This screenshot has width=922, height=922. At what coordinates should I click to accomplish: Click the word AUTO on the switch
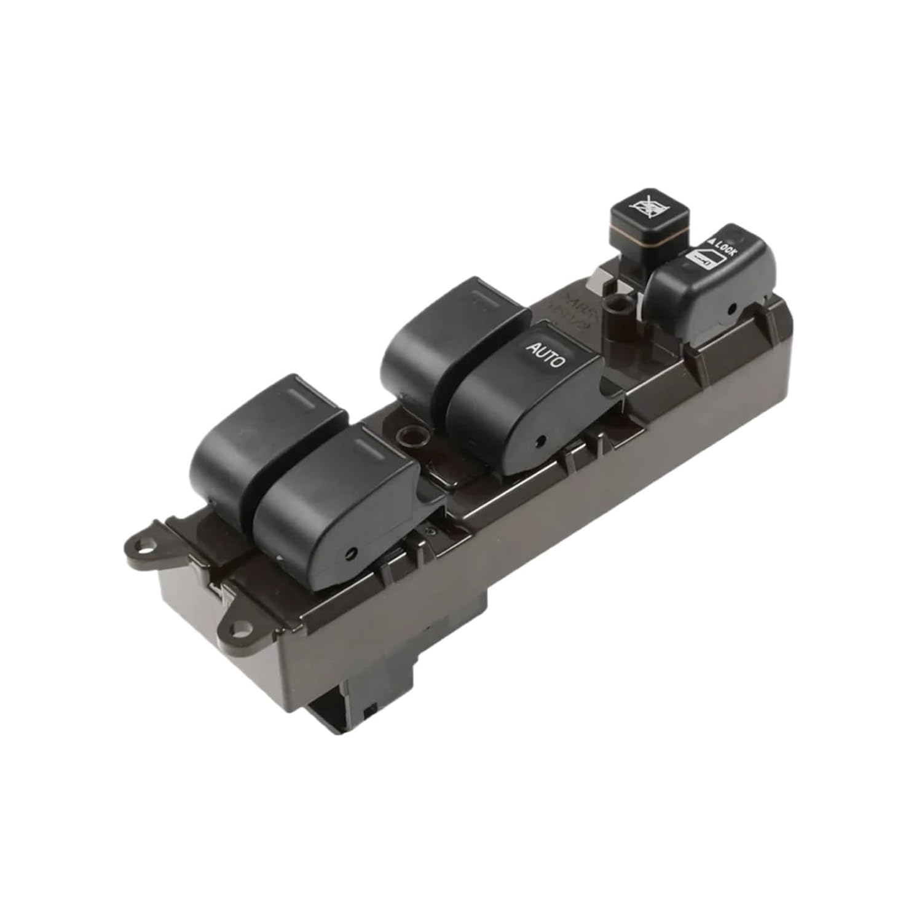(x=545, y=355)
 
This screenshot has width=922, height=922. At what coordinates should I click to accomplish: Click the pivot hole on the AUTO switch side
(x=542, y=440)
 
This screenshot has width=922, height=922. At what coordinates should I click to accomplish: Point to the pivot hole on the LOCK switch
(x=733, y=309)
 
